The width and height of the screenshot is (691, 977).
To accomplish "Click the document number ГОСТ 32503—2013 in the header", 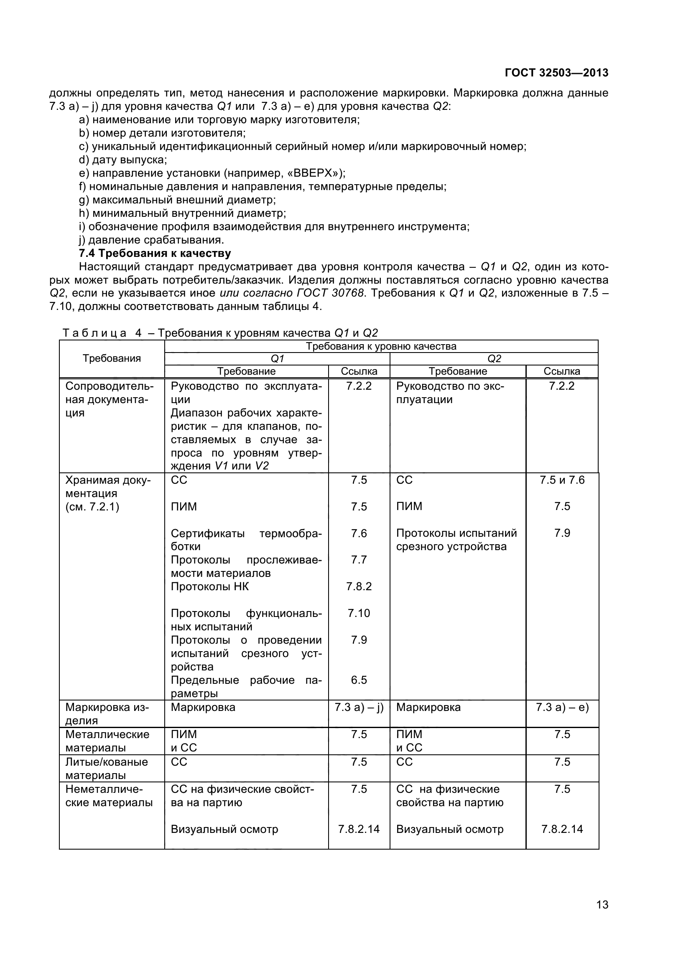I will point(556,73).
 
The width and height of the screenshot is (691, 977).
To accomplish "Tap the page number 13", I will point(602,916).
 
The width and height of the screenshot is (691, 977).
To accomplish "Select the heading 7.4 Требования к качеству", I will point(155,253).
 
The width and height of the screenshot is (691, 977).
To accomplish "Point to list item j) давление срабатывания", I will point(152,240).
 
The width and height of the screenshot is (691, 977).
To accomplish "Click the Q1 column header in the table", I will point(277,359).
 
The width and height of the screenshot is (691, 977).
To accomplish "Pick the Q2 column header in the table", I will point(494,359).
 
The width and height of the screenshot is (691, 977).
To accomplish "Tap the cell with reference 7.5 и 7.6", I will point(562,480).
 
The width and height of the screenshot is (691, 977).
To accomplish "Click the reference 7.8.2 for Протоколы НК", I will point(359,586).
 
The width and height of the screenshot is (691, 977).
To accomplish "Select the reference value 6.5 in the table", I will point(359,680).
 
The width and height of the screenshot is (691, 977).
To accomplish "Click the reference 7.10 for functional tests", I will point(359,613).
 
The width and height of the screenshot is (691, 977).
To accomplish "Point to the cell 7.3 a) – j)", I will point(359,707).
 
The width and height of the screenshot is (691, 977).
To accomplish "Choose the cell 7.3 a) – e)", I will point(562,707).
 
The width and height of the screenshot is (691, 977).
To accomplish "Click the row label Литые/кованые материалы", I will point(107,768).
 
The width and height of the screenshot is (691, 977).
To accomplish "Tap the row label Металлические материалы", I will point(107,741).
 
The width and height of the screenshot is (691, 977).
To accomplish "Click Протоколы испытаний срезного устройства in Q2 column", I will point(456,540).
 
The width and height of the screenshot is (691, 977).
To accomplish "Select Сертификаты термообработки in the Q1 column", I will point(246,540).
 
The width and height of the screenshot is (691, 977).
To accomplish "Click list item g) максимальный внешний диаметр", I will point(178,200).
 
